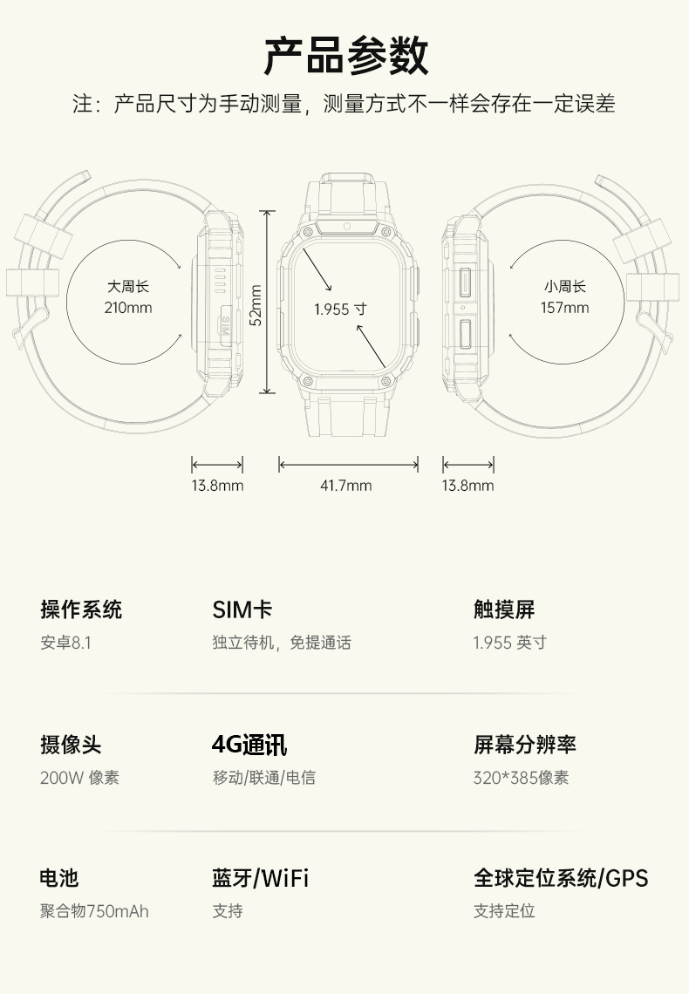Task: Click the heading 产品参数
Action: [345, 56]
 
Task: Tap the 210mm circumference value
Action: [128, 307]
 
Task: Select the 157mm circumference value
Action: [564, 307]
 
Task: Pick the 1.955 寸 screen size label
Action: [340, 309]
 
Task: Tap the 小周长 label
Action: [564, 286]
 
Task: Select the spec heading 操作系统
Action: [81, 609]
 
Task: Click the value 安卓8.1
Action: [65, 643]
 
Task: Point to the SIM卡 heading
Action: [242, 609]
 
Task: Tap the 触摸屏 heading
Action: [504, 609]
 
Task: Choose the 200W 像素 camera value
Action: [79, 777]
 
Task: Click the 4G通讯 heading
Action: [249, 745]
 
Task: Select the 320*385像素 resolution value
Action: [521, 777]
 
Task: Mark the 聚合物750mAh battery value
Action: [94, 911]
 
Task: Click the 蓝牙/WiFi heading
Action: [260, 878]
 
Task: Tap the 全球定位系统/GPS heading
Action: [561, 878]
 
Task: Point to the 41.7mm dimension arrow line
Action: [348, 465]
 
